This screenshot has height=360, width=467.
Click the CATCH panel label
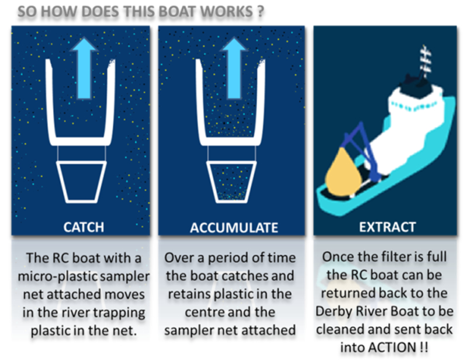(x=84, y=227)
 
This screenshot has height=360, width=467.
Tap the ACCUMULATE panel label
(x=234, y=228)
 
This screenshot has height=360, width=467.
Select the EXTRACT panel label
(x=388, y=227)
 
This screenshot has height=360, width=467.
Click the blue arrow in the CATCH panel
(x=85, y=68)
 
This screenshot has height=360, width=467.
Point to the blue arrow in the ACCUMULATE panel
(x=234, y=68)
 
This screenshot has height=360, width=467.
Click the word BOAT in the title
(x=175, y=12)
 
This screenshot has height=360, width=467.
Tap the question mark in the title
(x=260, y=11)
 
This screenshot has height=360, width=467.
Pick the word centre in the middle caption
(x=204, y=312)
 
